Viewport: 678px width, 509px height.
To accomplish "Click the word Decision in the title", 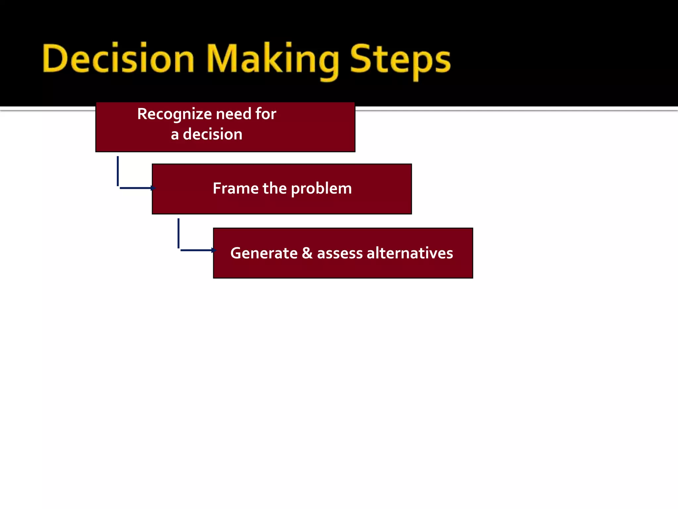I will (x=118, y=59).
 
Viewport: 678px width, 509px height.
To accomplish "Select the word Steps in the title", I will (x=400, y=60).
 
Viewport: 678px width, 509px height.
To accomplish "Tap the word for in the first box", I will (x=266, y=114).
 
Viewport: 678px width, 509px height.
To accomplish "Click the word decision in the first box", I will (x=213, y=134).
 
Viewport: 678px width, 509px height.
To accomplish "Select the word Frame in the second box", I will (x=235, y=188).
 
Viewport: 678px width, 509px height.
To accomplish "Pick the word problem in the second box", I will (x=321, y=189).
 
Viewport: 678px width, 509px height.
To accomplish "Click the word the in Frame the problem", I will (x=274, y=188).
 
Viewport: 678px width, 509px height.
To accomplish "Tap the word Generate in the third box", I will (x=264, y=253).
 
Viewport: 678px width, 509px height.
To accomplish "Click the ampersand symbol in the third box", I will (x=307, y=253).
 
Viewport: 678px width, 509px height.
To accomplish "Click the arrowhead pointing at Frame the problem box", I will (x=153, y=188).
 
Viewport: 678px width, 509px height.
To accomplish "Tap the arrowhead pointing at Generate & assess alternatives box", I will (x=214, y=250).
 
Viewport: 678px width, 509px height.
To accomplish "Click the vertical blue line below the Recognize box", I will (x=118, y=171).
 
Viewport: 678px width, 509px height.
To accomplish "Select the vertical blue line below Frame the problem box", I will (x=178, y=233).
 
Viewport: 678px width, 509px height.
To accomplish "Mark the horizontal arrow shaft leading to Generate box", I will (x=196, y=250).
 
